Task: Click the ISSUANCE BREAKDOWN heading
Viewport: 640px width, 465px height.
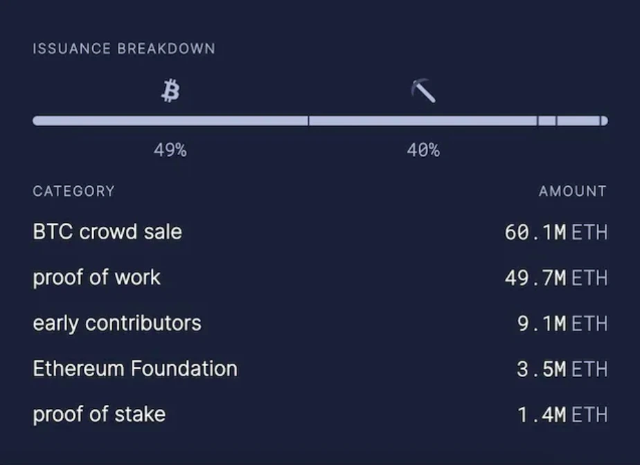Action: click(123, 49)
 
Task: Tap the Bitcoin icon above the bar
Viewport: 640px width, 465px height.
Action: click(170, 90)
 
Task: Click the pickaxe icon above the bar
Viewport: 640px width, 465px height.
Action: click(423, 91)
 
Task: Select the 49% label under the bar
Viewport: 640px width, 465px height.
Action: click(170, 150)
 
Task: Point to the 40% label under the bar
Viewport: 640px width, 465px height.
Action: click(423, 150)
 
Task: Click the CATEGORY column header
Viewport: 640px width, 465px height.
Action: click(73, 191)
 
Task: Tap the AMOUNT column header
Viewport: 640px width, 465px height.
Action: click(572, 191)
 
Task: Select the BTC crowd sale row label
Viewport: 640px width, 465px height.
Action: click(107, 232)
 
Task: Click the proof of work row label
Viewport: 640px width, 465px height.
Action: click(96, 277)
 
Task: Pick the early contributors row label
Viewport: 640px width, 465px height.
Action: click(117, 323)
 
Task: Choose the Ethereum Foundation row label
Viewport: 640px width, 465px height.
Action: click(135, 369)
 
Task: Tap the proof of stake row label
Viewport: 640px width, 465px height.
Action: click(99, 414)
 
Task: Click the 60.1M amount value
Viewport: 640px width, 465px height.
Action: click(535, 232)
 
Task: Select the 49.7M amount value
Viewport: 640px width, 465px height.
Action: click(535, 278)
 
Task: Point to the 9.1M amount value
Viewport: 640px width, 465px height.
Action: click(542, 324)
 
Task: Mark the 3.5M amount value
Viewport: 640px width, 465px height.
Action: click(542, 370)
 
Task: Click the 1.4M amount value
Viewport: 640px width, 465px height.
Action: click(542, 415)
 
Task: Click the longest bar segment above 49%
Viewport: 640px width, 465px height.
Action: click(170, 121)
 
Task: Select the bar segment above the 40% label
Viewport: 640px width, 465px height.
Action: click(423, 121)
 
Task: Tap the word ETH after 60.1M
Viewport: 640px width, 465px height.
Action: click(589, 232)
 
